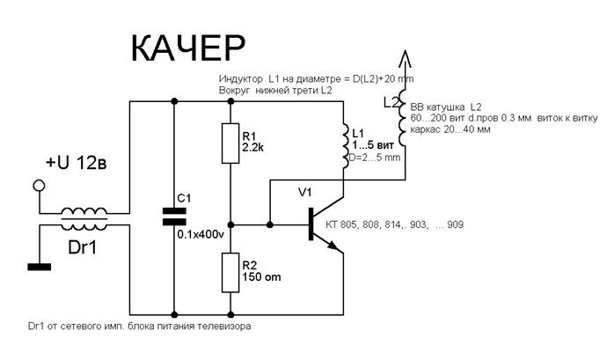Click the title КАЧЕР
click(188, 48)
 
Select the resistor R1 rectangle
click(230, 143)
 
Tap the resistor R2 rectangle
click(230, 273)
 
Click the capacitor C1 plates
click(174, 217)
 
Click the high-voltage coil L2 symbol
click(403, 117)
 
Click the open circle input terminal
click(39, 186)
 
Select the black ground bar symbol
click(39, 267)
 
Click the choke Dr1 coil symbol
click(84, 220)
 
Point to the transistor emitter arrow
click(333, 246)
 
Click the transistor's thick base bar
click(311, 224)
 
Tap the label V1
click(304, 192)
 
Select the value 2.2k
click(253, 147)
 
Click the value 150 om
click(261, 277)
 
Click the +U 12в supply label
click(77, 163)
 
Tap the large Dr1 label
click(82, 247)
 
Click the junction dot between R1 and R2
click(230, 224)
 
